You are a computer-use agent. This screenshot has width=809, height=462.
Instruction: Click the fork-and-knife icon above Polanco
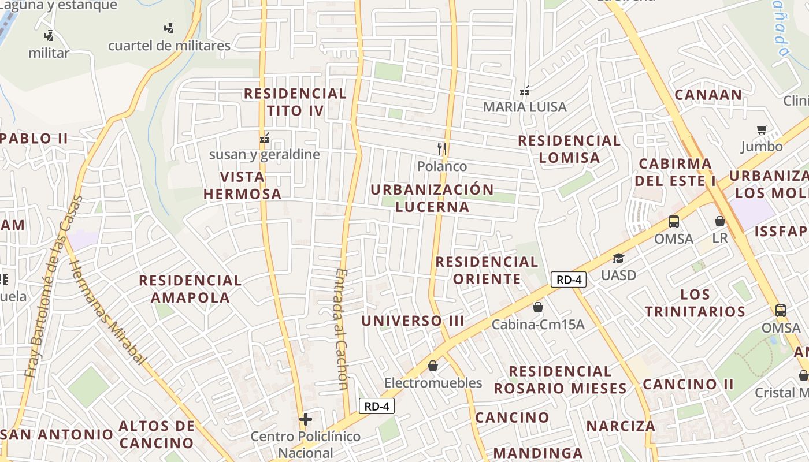pos(442,149)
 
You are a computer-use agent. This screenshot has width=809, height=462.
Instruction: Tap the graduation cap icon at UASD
pos(618,258)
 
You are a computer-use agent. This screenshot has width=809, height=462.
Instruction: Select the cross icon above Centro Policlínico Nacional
pos(305,419)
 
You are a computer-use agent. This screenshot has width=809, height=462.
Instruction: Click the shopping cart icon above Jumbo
pos(762,130)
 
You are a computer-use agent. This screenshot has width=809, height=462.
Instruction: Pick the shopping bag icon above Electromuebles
pos(432,366)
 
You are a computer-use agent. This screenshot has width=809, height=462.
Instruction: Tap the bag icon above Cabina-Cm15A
pos(537,307)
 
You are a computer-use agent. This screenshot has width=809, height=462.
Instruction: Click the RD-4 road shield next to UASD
pos(569,280)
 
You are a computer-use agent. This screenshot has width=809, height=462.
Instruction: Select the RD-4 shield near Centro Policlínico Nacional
pos(376,406)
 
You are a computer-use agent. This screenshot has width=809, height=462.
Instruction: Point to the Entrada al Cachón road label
pos(342,329)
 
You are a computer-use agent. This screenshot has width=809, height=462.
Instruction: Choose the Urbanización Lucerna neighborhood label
pos(432,198)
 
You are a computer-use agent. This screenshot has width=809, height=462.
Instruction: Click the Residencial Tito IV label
pos(295,102)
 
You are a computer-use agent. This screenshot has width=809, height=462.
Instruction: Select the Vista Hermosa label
pos(242,185)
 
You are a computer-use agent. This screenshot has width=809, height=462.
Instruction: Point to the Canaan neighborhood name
pos(708,95)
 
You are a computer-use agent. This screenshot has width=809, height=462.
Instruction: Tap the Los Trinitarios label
pos(695,303)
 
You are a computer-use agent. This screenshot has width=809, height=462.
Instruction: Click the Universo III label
pos(413,321)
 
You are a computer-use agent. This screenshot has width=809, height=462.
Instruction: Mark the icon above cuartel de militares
pos(169,28)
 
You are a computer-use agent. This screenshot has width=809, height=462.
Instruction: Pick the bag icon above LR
pos(719,221)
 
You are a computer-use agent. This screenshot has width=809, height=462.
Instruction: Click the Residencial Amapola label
pos(190,289)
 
